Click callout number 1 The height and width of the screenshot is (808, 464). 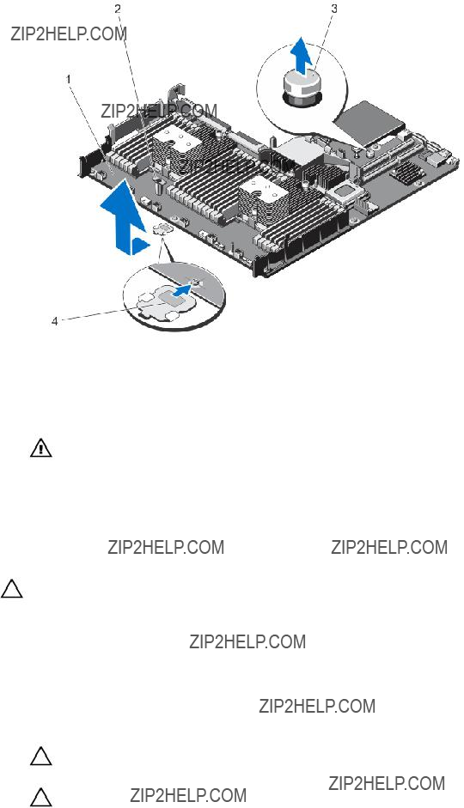tap(69, 79)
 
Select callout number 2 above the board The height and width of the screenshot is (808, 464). tap(118, 9)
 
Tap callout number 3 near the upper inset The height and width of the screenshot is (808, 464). tap(334, 9)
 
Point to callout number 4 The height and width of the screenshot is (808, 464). tap(54, 322)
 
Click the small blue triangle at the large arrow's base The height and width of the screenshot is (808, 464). tap(139, 246)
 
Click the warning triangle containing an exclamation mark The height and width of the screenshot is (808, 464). tap(40, 448)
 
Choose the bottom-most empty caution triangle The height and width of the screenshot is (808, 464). tap(40, 797)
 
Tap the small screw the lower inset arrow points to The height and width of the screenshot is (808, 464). tap(198, 282)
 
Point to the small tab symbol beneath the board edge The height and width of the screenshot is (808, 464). tap(162, 228)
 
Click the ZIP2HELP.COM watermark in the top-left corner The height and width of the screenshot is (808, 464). tap(69, 33)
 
